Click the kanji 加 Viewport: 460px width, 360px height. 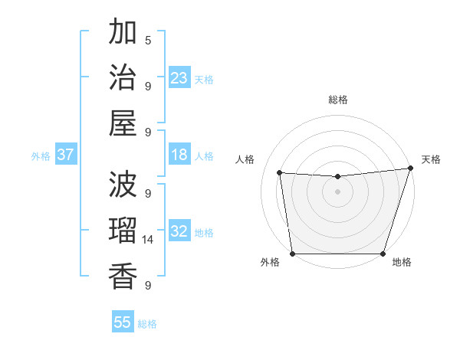pos(123,33)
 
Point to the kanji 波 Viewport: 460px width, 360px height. pos(123,185)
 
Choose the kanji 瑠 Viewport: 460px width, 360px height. pos(123,231)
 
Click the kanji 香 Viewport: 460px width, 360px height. pos(123,276)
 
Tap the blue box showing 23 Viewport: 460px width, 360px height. pos(179,77)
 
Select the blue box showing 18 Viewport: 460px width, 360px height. pos(179,155)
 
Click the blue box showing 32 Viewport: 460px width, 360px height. pos(179,231)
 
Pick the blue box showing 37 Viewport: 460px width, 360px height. pos(66,155)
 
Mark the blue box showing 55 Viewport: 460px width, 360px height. pos(123,322)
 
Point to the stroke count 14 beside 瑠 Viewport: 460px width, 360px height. pos(148,239)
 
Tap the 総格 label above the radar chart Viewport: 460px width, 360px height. pos(337,100)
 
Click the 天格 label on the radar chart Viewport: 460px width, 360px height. pos(431,159)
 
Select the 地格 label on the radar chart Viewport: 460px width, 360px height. pos(402,263)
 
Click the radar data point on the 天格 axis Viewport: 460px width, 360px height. pos(410,168)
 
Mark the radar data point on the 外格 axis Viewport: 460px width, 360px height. pos(292,254)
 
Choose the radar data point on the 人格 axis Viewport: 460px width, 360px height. pos(280,173)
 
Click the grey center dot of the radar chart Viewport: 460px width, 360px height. pos(337,191)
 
